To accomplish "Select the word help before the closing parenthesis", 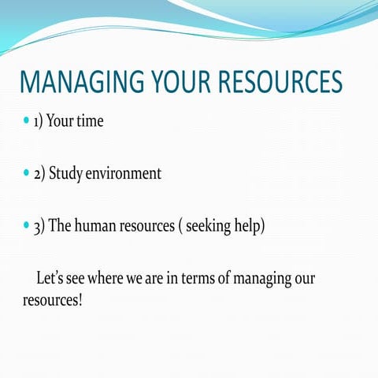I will (x=251, y=226).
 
